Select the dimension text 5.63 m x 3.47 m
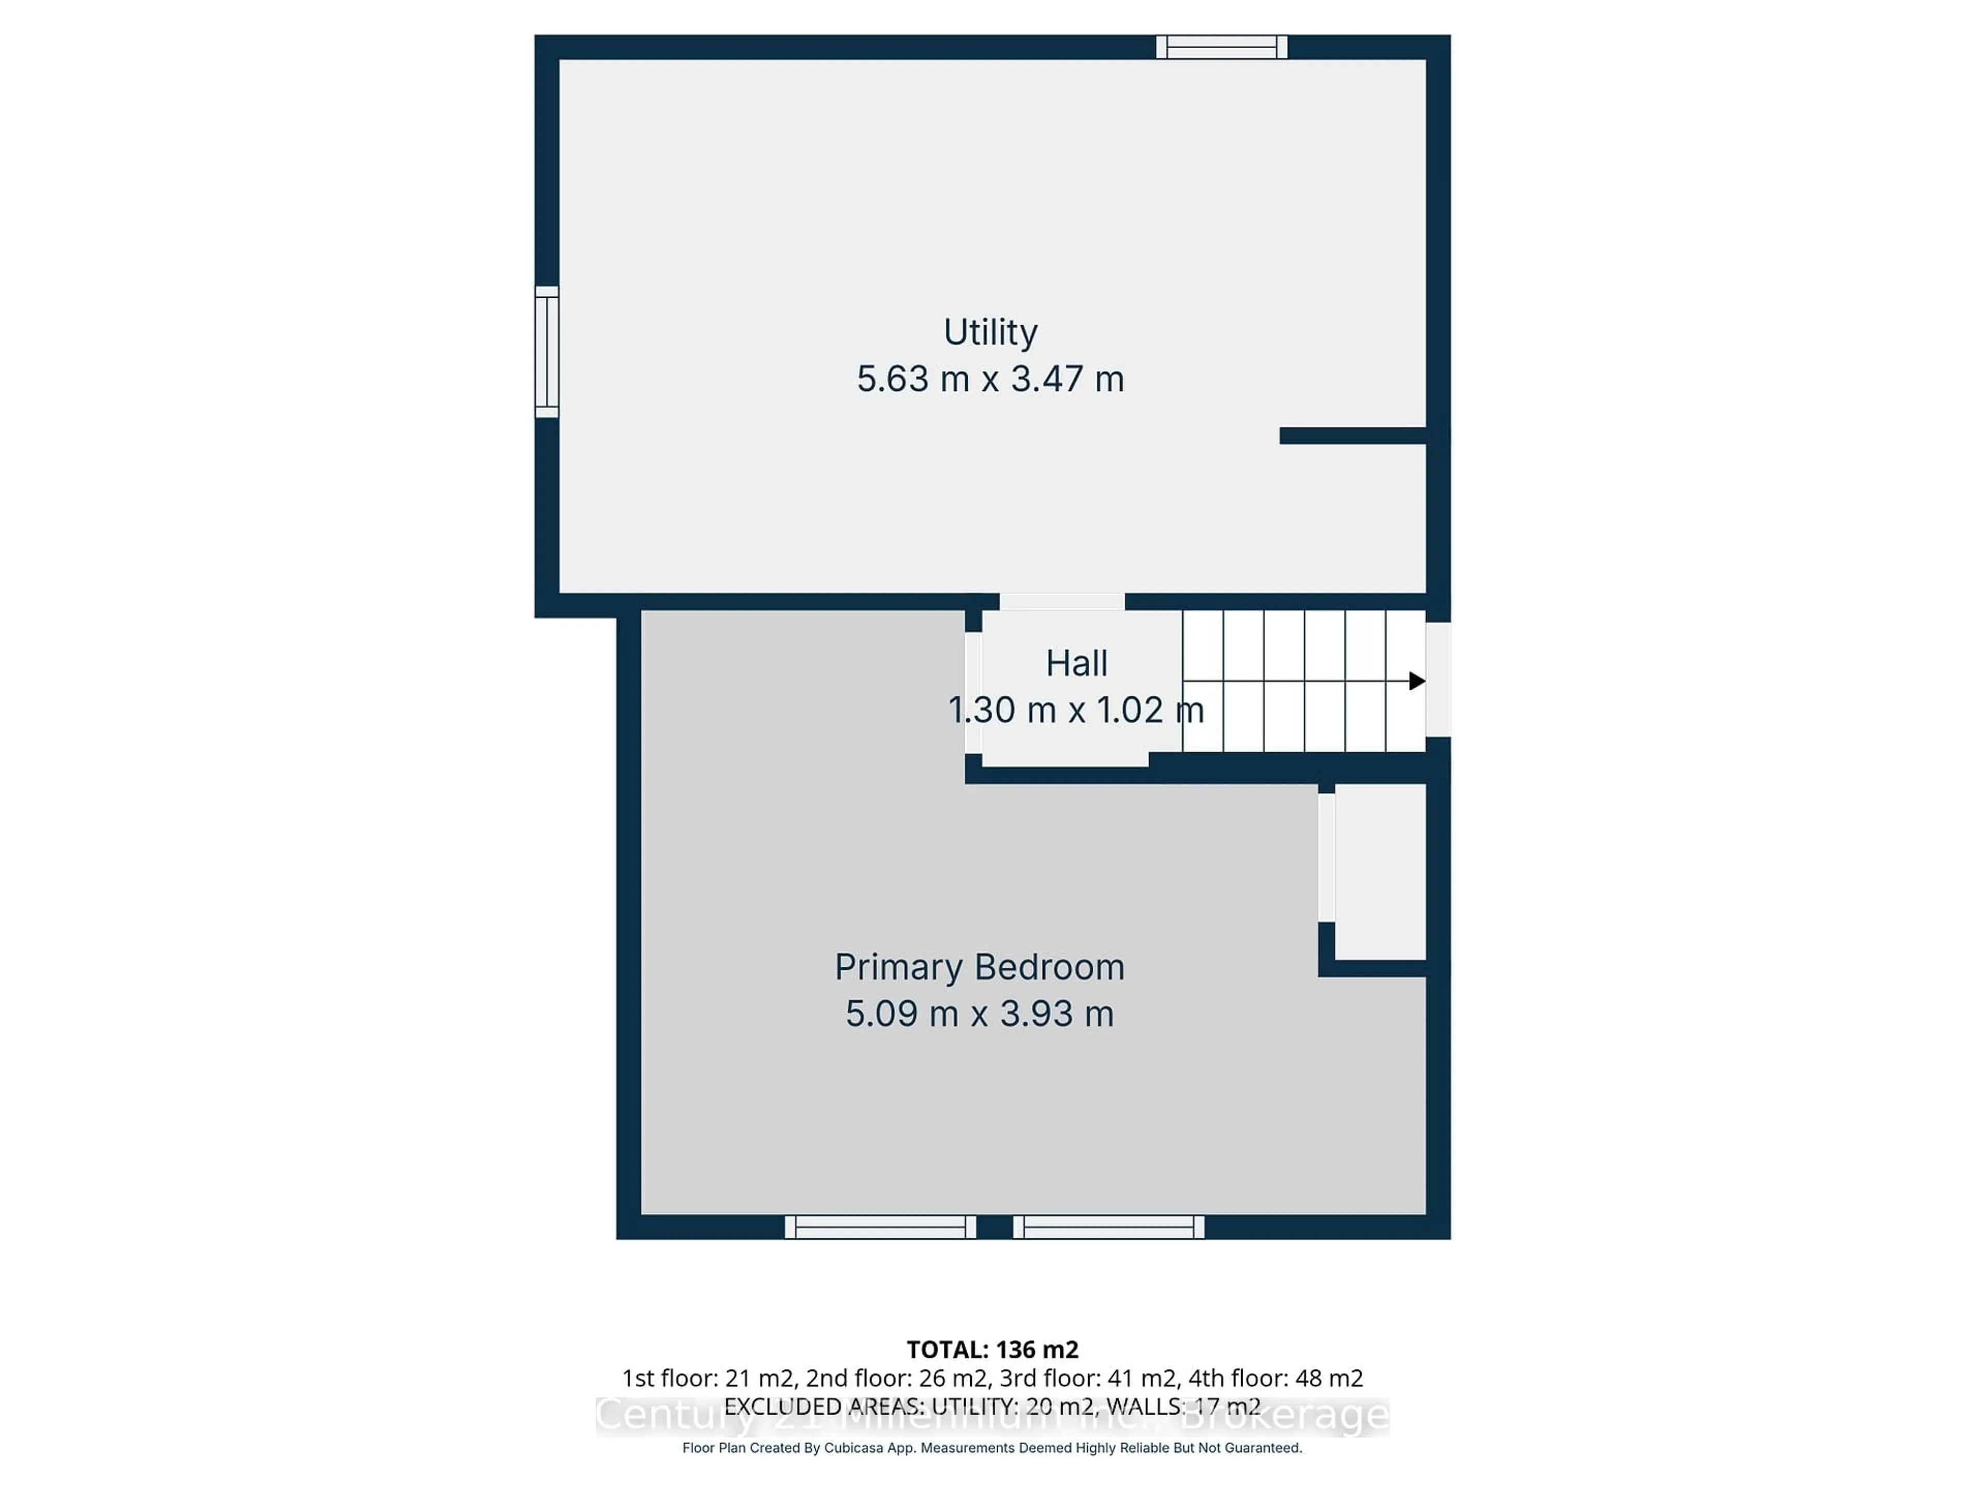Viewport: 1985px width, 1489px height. point(990,379)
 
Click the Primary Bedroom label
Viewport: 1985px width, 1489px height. point(979,967)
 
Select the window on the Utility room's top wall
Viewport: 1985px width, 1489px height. point(1221,47)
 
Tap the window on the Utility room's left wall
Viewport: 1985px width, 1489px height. point(546,352)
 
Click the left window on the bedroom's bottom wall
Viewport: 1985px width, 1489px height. point(880,1227)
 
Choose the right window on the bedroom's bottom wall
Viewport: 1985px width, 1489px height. point(1108,1227)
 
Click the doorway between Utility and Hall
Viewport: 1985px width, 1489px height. point(1062,601)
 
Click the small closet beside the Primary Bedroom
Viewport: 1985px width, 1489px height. point(1380,871)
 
